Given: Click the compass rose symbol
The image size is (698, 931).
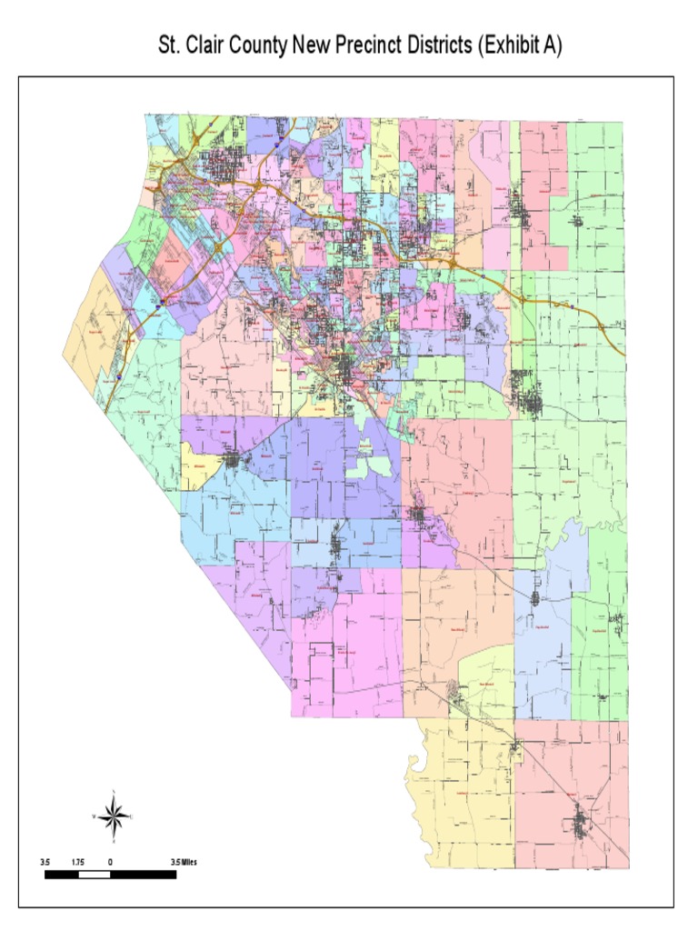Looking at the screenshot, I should pos(114,816).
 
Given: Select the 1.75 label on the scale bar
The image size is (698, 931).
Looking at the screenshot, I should pos(79,861).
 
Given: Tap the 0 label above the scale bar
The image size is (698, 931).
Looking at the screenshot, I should pos(110,861).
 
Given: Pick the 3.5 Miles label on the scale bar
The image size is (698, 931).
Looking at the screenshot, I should pos(183,861).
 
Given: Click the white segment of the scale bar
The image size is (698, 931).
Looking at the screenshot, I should pos(95,875).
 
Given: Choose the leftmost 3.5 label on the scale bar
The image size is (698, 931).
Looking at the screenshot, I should pos(45,861).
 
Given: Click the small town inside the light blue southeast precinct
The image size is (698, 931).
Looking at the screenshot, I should pos(535,598).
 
